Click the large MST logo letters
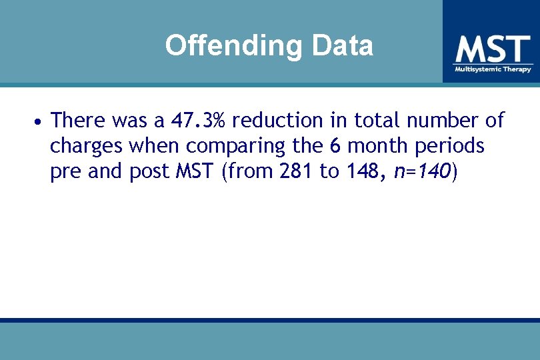coord(493,49)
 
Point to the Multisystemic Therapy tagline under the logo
coord(493,69)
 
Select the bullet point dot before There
coord(40,122)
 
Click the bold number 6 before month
coord(335,145)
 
